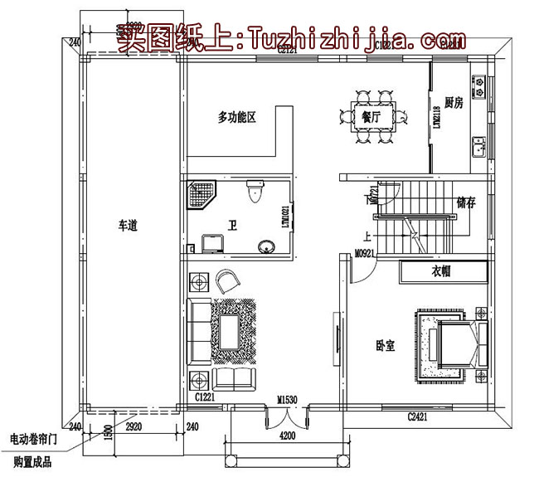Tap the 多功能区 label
pos(237,118)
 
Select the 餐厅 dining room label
pos(371,118)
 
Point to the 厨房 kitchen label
pos(453,103)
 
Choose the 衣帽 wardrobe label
pos(440,272)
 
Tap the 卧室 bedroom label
pos(385,344)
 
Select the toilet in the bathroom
pos(255,194)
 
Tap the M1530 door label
pos(288,401)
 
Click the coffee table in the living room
pos(226,331)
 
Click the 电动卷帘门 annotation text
pos(35,438)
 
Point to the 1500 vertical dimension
pos(108,433)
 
